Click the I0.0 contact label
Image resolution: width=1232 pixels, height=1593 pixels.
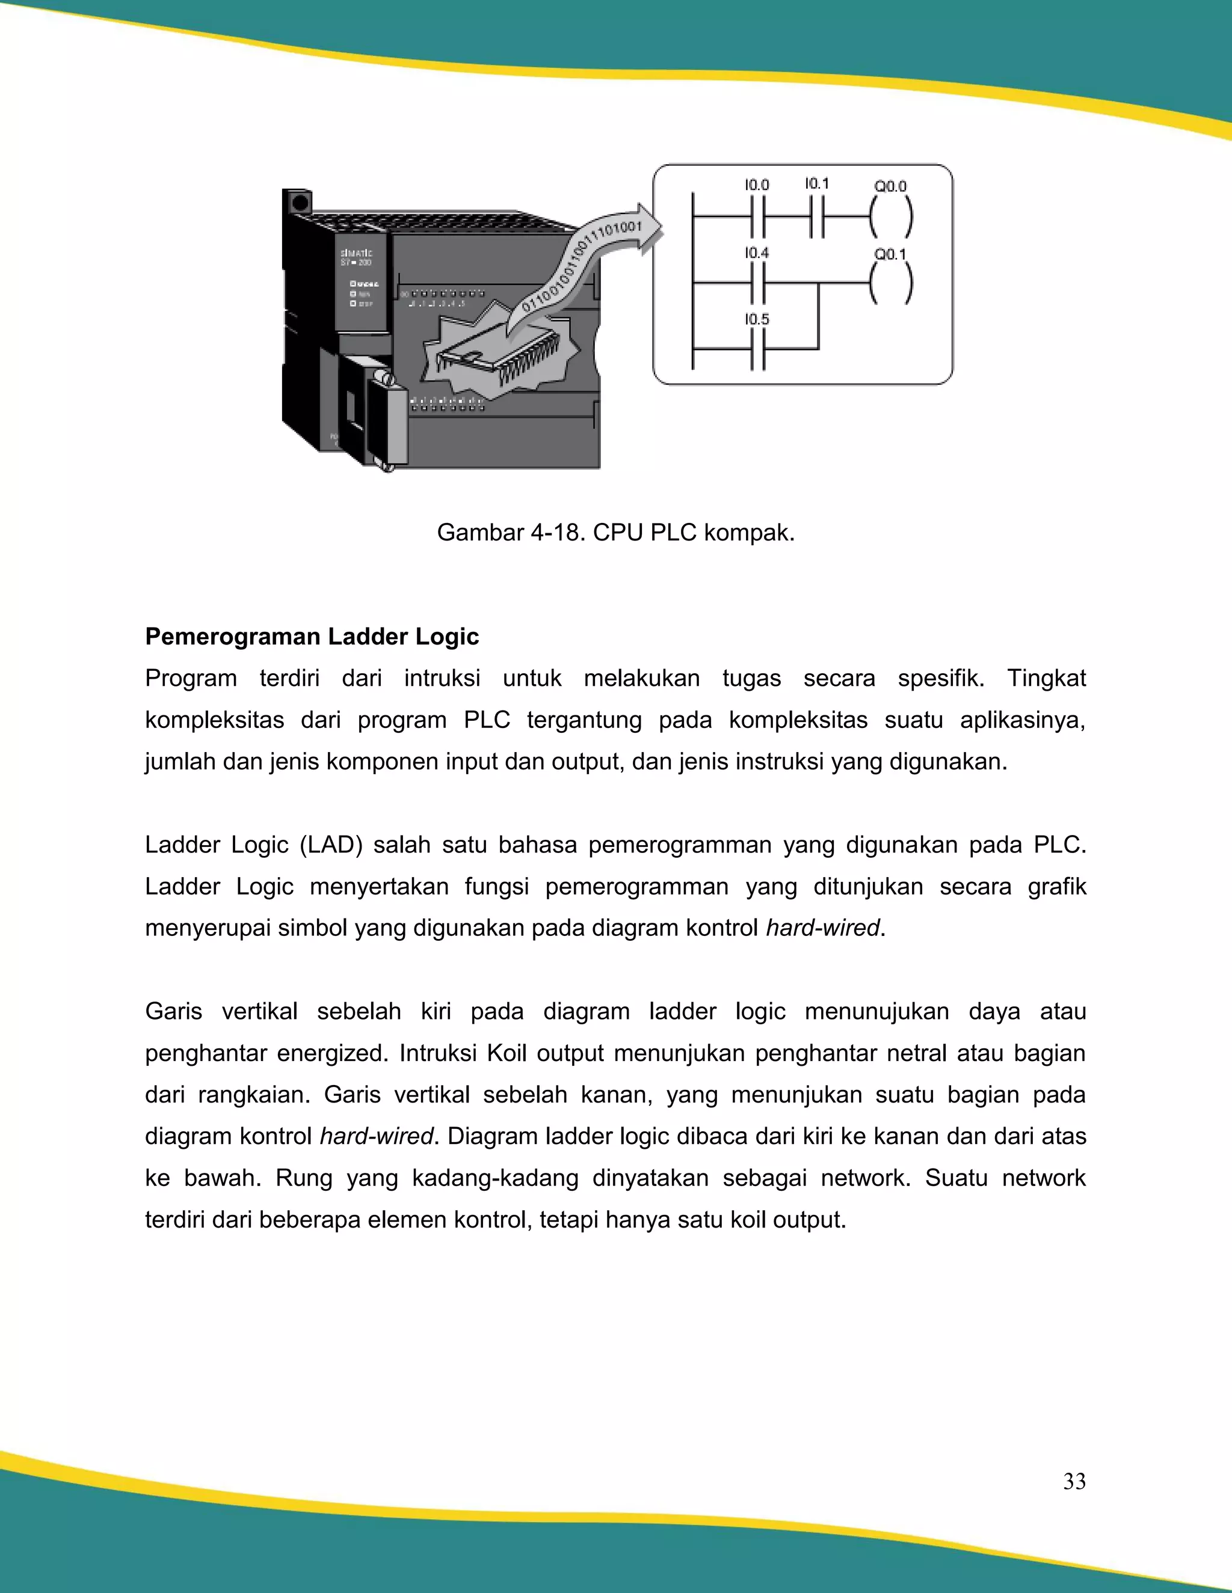(x=757, y=185)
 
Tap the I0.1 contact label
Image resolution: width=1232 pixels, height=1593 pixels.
(x=817, y=183)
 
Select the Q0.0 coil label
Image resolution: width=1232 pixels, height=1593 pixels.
(x=890, y=187)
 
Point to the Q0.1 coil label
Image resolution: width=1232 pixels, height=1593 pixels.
(x=890, y=254)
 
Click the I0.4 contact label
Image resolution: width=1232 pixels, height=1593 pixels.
(x=757, y=253)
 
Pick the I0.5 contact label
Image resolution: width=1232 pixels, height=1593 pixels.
(x=757, y=319)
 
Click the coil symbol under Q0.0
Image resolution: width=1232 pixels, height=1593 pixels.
(x=890, y=218)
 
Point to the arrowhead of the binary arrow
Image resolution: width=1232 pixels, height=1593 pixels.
(x=650, y=228)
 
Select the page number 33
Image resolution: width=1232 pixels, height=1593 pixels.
(x=1074, y=1481)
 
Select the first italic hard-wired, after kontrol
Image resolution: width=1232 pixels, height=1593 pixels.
(x=822, y=928)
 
